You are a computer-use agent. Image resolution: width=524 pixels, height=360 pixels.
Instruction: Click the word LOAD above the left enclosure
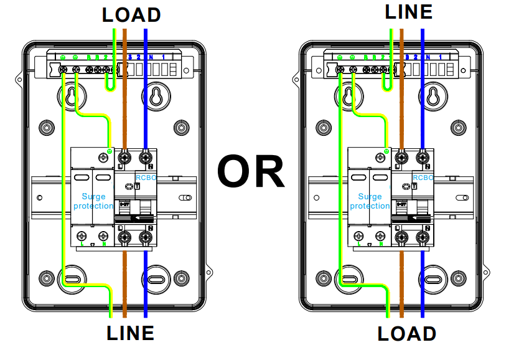(x=131, y=14)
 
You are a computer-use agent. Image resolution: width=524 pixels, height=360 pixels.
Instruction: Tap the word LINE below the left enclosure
(x=130, y=333)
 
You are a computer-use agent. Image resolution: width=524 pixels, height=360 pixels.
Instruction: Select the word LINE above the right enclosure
(x=408, y=12)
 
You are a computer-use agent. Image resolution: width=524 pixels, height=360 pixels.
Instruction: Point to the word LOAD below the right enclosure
(x=407, y=334)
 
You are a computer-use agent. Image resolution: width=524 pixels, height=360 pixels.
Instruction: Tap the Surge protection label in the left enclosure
(x=93, y=201)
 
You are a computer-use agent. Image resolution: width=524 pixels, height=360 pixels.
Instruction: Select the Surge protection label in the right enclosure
(x=370, y=201)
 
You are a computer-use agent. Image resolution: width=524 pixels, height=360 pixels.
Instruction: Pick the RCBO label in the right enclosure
(x=423, y=178)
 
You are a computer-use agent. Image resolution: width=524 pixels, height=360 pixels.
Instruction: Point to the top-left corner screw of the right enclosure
(x=324, y=127)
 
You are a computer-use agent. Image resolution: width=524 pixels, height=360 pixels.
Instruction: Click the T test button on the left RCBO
(x=138, y=186)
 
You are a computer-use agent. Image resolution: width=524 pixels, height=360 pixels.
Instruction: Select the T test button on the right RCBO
(x=414, y=186)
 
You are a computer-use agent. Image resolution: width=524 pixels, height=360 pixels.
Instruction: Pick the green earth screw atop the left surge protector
(x=110, y=151)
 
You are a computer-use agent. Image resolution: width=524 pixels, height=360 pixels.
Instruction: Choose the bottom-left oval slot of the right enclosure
(x=350, y=277)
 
